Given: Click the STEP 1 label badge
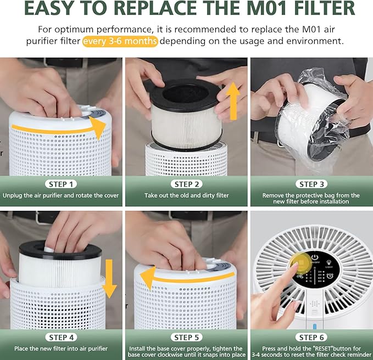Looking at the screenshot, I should pyautogui.click(x=62, y=184).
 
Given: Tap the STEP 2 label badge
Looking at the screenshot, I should pyautogui.click(x=186, y=184).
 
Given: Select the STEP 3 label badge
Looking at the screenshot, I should pyautogui.click(x=311, y=184).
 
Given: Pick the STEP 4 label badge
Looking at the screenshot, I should pyautogui.click(x=62, y=337).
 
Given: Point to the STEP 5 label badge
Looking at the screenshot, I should pyautogui.click(x=186, y=337).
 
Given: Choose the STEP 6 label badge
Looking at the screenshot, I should pyautogui.click(x=311, y=337).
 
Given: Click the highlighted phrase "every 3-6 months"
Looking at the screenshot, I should pyautogui.click(x=120, y=42).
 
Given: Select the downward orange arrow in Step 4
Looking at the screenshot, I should pyautogui.click(x=109, y=278).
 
